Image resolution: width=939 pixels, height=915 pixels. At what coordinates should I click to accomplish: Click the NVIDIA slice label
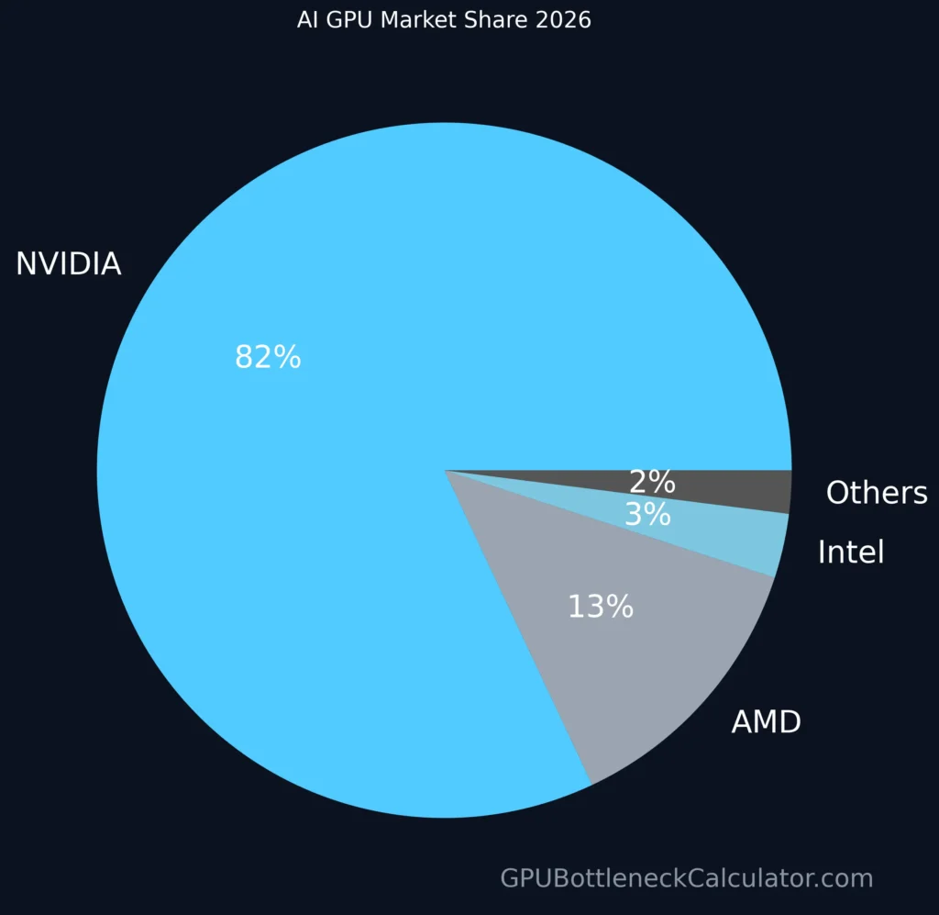(69, 264)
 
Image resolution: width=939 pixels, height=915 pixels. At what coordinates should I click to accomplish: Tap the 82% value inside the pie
(268, 357)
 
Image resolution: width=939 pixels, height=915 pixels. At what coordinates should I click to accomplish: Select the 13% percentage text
(601, 607)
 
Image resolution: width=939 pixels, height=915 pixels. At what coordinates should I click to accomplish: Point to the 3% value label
(647, 515)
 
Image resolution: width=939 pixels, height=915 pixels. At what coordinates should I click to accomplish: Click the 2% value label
(652, 482)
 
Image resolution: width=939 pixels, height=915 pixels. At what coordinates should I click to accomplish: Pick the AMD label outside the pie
(766, 722)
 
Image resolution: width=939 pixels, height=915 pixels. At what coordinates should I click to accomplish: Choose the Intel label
(850, 552)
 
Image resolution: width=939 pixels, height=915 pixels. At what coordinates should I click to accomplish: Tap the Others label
(877, 493)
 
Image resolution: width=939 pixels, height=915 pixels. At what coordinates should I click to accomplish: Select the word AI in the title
(307, 19)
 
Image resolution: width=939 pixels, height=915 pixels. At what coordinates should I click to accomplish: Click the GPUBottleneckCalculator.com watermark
(686, 878)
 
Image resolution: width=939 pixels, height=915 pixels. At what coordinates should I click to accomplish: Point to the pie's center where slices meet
(445, 470)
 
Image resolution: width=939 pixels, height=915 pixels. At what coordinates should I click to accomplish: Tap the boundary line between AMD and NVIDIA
(518, 628)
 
